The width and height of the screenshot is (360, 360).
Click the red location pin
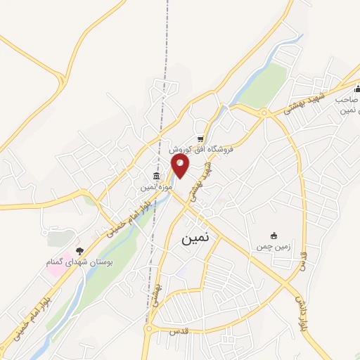(x=181, y=166)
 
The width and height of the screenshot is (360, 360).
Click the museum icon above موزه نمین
(x=157, y=176)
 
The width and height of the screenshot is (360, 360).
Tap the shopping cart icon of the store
(x=201, y=139)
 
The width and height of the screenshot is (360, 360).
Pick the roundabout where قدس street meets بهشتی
(x=148, y=328)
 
